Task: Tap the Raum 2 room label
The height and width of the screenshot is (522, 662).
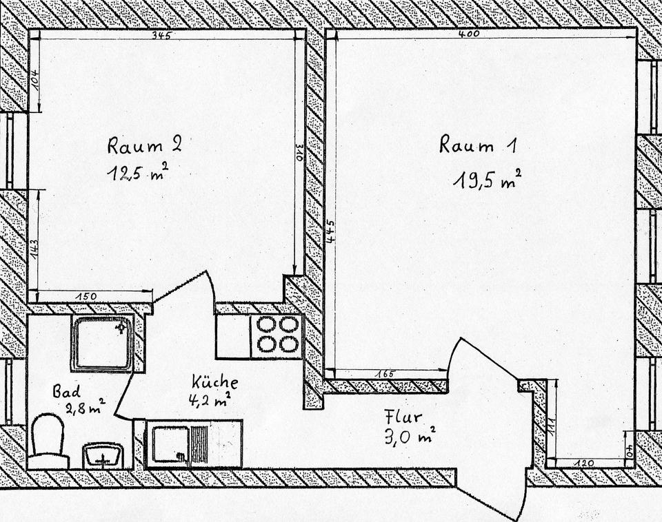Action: (x=144, y=145)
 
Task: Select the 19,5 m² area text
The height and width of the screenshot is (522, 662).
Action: (x=486, y=180)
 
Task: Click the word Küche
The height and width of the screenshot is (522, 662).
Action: (x=215, y=381)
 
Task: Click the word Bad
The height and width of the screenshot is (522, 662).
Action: (x=66, y=391)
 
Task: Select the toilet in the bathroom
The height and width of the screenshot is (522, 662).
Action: (x=48, y=441)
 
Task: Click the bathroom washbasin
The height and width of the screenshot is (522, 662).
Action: (x=102, y=455)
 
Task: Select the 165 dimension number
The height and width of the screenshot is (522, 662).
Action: (x=385, y=374)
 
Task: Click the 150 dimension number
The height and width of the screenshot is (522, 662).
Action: (x=87, y=297)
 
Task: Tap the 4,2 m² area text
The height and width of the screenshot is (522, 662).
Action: (x=208, y=398)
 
